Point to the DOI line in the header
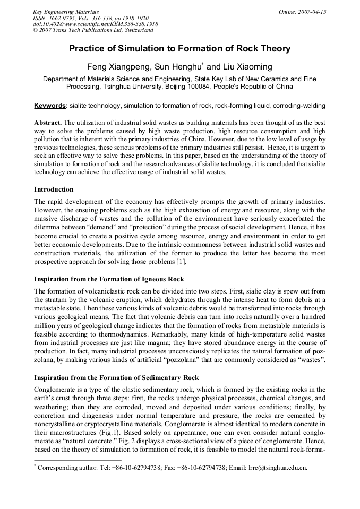point(96,24)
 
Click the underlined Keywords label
point(50,106)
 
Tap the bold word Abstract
point(48,122)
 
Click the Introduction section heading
point(54,189)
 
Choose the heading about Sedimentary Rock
point(116,377)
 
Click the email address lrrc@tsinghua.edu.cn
point(277,468)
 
